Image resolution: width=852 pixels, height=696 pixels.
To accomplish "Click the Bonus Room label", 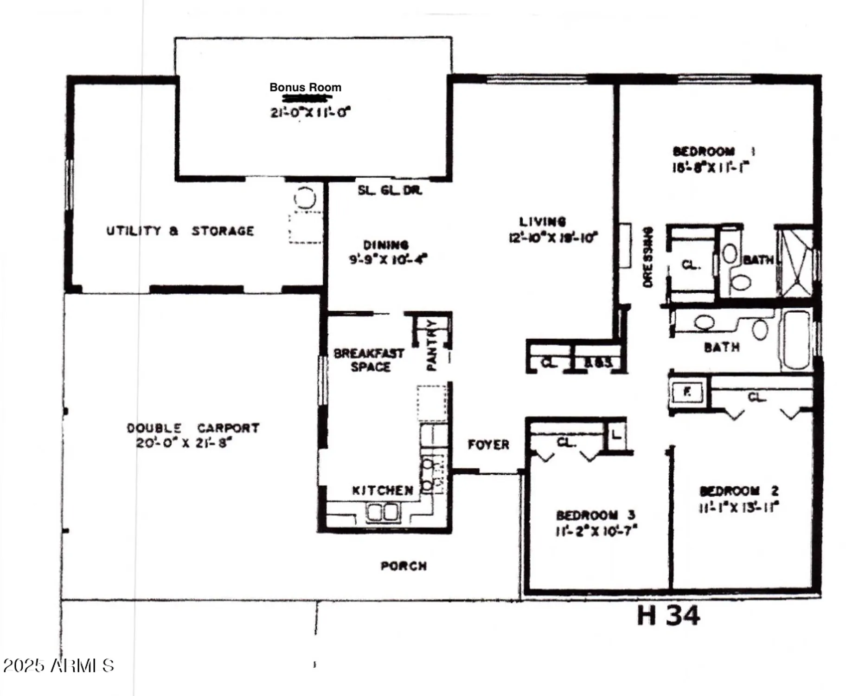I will pyautogui.click(x=305, y=87).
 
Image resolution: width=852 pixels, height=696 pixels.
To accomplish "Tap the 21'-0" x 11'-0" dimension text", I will pyautogui.click(x=310, y=112).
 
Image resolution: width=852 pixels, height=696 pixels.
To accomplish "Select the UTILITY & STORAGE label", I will pyautogui.click(x=180, y=231).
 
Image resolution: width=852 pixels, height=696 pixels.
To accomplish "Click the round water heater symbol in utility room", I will pyautogui.click(x=305, y=198).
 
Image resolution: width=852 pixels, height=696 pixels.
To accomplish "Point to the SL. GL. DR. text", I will pyautogui.click(x=390, y=190).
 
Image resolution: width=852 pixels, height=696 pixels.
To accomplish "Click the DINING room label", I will pyautogui.click(x=385, y=245).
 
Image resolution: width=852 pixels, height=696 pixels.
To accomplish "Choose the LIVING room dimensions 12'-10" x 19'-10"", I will pyautogui.click(x=553, y=238).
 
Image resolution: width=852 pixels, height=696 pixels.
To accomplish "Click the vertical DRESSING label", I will pyautogui.click(x=648, y=257).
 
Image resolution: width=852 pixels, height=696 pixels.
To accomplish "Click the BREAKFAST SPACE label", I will pyautogui.click(x=369, y=360).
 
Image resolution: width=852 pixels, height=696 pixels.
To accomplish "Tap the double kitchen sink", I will pyautogui.click(x=383, y=512).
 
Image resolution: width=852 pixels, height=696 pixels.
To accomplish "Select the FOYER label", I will pyautogui.click(x=488, y=445).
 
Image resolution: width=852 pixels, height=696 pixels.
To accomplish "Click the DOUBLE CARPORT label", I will pyautogui.click(x=193, y=428).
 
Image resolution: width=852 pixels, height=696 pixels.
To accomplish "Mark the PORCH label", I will pyautogui.click(x=404, y=566).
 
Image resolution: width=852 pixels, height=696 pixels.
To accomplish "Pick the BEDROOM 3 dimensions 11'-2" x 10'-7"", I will pyautogui.click(x=596, y=530).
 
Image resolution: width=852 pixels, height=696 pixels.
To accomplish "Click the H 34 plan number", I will pyautogui.click(x=668, y=616).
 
